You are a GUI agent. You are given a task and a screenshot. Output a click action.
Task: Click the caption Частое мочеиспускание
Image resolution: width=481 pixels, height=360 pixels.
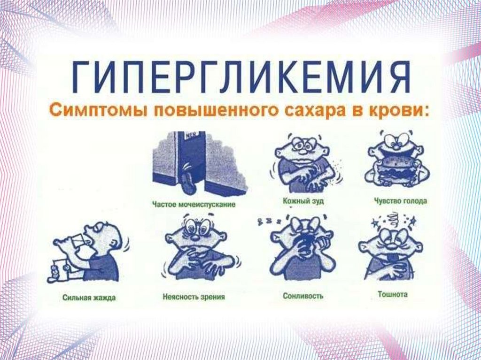click(x=194, y=205)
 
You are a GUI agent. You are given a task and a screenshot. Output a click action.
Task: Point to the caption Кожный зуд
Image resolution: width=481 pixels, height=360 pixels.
click(x=303, y=201)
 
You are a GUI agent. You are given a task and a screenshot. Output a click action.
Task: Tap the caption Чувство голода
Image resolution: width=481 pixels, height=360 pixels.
click(x=400, y=201)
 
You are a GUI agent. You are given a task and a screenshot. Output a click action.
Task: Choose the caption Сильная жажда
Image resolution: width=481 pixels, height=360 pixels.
click(x=89, y=298)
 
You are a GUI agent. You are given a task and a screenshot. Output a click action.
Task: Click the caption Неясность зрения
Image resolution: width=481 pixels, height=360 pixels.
click(x=194, y=297)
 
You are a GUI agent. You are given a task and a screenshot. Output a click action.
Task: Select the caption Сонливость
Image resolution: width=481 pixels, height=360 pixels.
click(x=303, y=296)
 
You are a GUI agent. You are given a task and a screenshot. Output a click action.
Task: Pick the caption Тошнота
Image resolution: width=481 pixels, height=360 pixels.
click(x=393, y=294)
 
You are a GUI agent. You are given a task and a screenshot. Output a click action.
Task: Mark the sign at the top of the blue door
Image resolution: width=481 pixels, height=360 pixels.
click(x=189, y=134)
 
